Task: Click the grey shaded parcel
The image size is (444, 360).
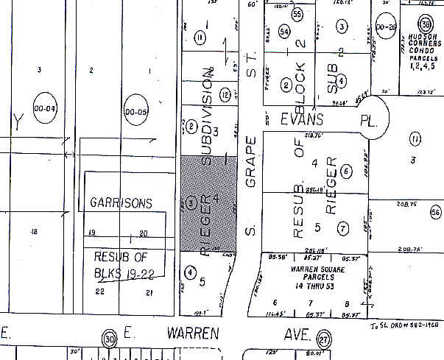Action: [x=209, y=203]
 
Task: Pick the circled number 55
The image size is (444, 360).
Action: [x=297, y=14]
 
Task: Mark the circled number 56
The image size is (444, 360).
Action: [x=436, y=212]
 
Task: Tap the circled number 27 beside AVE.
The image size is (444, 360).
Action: [x=323, y=339]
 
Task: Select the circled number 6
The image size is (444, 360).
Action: [x=345, y=171]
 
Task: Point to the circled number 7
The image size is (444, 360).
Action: [x=343, y=228]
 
